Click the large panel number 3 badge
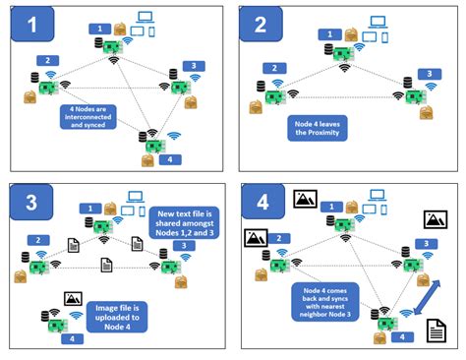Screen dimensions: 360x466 (32, 204)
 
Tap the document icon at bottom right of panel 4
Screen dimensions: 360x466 (435, 335)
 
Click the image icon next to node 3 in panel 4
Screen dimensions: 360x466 (435, 219)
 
